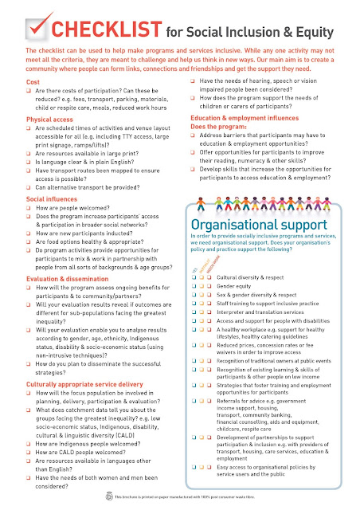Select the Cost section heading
click(x=33, y=82)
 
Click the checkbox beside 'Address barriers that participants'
click(x=195, y=136)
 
